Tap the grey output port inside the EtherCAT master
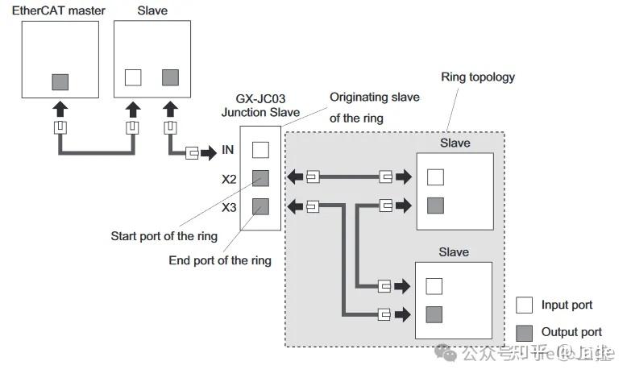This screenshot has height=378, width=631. [x=60, y=81]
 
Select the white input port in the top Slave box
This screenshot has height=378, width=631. [x=133, y=77]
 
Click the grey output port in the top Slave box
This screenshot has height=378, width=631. [x=170, y=77]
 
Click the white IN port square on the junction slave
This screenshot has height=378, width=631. [x=259, y=149]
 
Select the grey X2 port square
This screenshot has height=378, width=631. [x=259, y=178]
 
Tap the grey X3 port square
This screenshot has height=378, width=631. [x=259, y=206]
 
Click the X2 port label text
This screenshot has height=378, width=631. [x=229, y=179]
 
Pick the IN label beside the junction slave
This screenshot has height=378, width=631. [x=230, y=150]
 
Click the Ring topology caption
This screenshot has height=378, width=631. [x=478, y=77]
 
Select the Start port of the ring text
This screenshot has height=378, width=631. [x=164, y=236]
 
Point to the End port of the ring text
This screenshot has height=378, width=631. [x=219, y=260]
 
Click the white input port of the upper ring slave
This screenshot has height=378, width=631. [x=435, y=177]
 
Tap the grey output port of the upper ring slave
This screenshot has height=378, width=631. [x=435, y=205]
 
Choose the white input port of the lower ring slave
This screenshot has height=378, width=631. [x=435, y=286]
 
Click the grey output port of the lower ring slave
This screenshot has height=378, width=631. [x=435, y=314]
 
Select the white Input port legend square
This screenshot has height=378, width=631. [x=524, y=305]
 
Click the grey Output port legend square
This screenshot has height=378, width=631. [x=524, y=331]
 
